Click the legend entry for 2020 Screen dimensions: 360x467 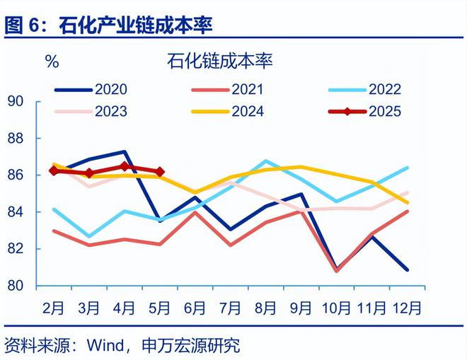(x=92, y=89)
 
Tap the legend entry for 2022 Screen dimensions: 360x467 (x=367, y=89)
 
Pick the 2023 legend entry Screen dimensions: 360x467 (x=92, y=111)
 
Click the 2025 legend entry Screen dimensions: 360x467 (x=367, y=111)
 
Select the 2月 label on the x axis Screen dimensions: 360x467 (x=54, y=308)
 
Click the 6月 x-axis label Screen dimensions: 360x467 (x=195, y=308)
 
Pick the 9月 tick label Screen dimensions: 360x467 (x=301, y=308)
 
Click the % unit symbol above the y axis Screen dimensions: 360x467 (x=52, y=62)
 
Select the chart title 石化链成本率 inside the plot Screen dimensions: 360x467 (x=220, y=61)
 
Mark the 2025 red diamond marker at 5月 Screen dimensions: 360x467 (x=160, y=171)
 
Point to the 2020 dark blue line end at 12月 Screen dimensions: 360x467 (x=407, y=269)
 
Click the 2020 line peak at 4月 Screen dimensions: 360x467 (x=125, y=151)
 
